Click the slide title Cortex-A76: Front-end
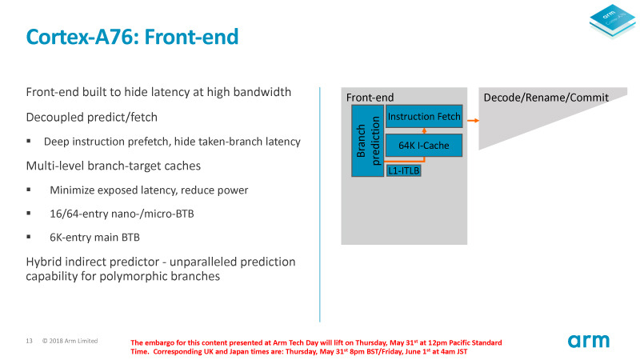132,37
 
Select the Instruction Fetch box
424,117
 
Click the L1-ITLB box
403,170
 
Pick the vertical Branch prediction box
367,140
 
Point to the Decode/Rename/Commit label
546,98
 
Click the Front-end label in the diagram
370,98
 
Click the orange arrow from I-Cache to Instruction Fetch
424,130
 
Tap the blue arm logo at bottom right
589,342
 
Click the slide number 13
29,341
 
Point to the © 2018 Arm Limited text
70,341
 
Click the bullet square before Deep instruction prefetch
29,142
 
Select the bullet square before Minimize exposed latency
29,190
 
